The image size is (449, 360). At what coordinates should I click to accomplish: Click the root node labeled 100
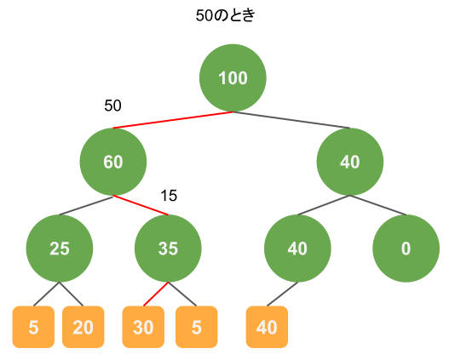coord(233,77)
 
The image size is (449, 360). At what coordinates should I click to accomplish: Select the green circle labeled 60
coord(113,162)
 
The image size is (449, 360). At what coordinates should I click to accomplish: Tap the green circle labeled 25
coord(60,249)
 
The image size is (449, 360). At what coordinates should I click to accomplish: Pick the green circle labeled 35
coord(168,249)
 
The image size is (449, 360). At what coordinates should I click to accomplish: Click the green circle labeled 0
coord(406,249)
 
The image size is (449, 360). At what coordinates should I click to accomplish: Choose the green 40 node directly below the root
coord(350,162)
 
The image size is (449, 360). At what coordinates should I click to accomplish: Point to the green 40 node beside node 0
coord(297,249)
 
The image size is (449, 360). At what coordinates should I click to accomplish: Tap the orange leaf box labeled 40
coord(267,327)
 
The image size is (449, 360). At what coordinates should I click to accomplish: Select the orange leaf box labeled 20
coord(83,327)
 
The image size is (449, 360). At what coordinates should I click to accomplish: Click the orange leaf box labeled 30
coord(143,327)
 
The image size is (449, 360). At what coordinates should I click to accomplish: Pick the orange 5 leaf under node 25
coord(33,327)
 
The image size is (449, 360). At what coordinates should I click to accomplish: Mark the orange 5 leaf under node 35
coord(197,327)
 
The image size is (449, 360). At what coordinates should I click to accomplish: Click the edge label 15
coord(169,196)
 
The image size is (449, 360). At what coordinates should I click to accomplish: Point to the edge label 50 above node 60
coord(112,106)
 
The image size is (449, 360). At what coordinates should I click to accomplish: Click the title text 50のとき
coord(226,15)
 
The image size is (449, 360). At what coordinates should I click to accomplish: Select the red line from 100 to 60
coord(173,120)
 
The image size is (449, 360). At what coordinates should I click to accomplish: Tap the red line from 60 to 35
coord(141,205)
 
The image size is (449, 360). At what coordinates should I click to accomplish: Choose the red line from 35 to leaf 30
coord(156,294)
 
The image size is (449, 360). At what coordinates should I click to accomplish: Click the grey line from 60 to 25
coord(86,205)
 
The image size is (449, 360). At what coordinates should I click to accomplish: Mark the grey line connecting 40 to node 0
coord(377,205)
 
